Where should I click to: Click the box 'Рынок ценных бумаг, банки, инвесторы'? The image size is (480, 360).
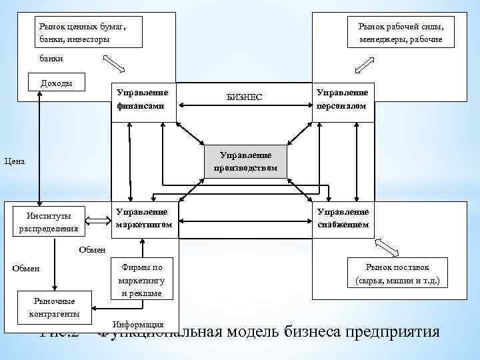[89, 32]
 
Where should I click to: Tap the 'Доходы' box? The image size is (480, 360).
[57, 83]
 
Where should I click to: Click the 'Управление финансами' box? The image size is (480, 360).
[143, 99]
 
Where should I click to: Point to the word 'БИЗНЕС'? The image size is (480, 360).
[245, 97]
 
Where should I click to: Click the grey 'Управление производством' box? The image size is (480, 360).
[245, 161]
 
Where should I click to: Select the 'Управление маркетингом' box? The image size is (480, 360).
[143, 219]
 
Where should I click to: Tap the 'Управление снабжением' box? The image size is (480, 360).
[343, 219]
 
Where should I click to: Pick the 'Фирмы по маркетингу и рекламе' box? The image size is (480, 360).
[141, 279]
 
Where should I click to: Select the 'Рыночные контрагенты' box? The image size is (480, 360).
[55, 306]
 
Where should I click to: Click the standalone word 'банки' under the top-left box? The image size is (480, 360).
[52, 59]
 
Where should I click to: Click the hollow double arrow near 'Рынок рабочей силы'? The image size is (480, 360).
[364, 63]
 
